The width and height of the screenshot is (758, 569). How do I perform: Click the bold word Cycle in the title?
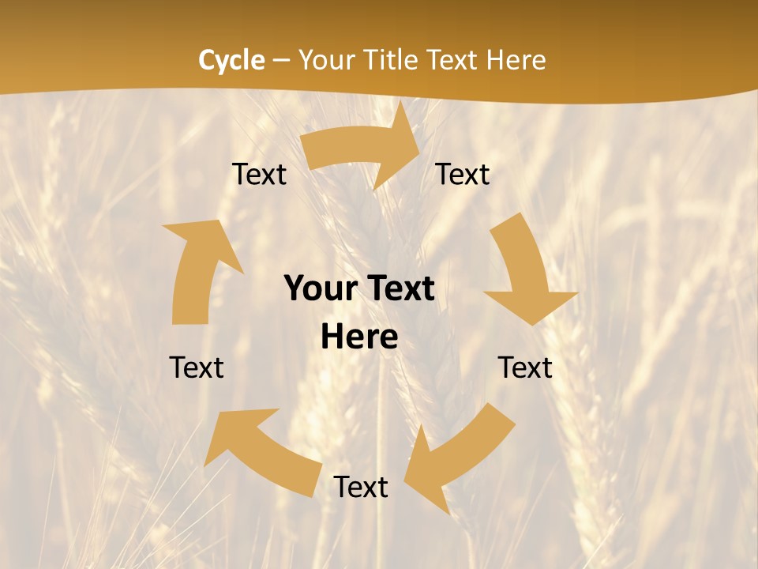coord(231,60)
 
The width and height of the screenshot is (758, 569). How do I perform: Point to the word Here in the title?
coord(516,60)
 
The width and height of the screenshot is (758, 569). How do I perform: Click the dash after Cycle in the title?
coord(281,61)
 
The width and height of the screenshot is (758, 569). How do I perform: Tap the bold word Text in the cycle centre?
coord(400,289)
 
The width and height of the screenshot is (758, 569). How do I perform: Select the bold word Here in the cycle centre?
coord(359,337)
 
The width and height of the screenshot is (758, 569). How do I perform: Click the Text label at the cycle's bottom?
coord(361,488)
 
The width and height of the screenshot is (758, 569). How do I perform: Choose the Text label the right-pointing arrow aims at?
coord(463,175)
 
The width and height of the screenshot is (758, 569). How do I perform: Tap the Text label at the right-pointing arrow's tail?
coord(259,175)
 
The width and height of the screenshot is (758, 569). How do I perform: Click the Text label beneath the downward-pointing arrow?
coord(525,368)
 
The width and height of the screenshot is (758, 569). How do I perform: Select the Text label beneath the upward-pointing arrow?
coord(197,368)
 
